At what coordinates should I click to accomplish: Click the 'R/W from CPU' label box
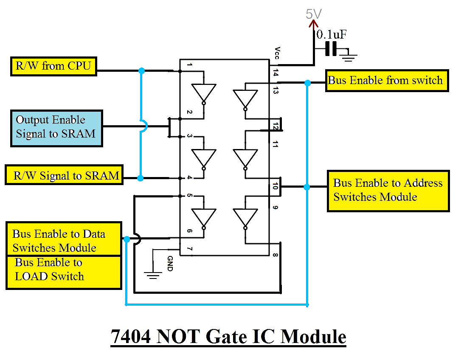point(53,66)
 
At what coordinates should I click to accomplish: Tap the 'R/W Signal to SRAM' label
point(64,175)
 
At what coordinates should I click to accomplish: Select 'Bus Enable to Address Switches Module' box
point(388,191)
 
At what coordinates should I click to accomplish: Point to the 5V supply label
point(314,14)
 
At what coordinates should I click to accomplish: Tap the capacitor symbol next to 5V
point(331,50)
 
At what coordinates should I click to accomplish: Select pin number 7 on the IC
point(189,248)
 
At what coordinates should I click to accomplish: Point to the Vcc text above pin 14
point(277,53)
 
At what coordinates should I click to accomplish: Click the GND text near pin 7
point(170,263)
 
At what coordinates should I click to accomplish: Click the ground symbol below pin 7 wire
point(152,276)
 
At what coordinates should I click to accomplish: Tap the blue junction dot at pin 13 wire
point(307,83)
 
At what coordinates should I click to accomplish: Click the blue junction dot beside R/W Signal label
point(141,178)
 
